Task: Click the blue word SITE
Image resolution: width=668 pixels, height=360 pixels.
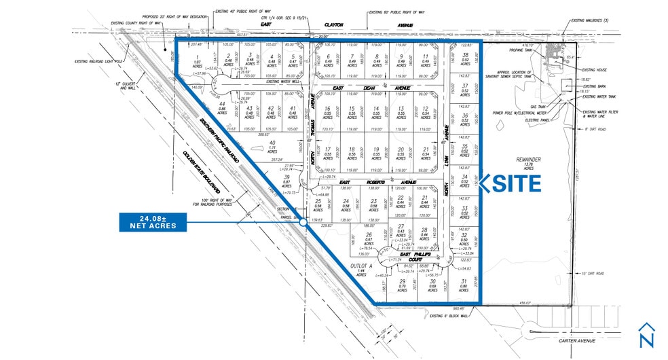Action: pos(514,183)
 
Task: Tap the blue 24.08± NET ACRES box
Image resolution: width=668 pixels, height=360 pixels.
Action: pos(152,221)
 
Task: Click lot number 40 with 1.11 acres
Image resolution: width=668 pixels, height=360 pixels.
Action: pos(272,147)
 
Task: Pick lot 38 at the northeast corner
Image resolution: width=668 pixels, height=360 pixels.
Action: pos(464,59)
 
